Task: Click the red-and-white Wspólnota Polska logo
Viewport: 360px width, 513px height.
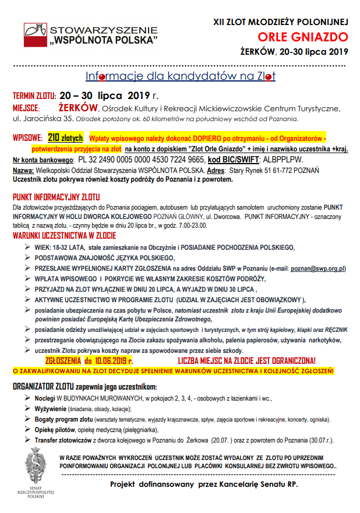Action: point(34,35)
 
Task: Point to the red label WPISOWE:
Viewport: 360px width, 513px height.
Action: point(27,138)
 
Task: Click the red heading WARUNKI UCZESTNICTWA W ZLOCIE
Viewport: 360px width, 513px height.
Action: point(64,236)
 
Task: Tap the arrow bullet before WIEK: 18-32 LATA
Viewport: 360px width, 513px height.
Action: point(27,247)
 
